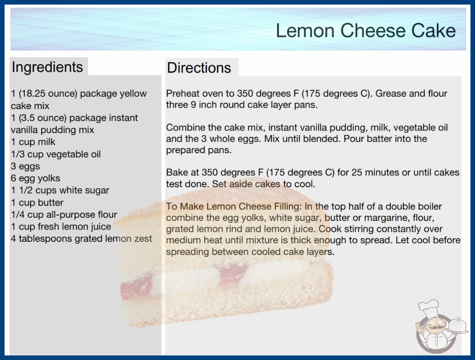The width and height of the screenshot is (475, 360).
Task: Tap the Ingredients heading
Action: pos(47,67)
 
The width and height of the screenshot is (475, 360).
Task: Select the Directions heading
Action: pos(199,68)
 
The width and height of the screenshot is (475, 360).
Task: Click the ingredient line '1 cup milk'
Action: pos(33,142)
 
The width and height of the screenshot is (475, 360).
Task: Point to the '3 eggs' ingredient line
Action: pos(25,166)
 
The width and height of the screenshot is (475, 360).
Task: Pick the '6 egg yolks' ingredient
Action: pos(35,178)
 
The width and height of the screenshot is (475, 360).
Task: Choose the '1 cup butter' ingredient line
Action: pos(37,203)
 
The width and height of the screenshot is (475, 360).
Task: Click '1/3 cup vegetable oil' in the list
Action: pos(56,155)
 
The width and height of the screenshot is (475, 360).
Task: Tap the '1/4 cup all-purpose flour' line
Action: pos(64,215)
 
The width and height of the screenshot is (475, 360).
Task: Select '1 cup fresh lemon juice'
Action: pos(61,226)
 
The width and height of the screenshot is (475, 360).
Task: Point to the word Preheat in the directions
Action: pos(183,94)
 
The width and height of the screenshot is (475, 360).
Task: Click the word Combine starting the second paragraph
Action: pos(185,127)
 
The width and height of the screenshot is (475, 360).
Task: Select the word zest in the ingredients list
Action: pos(143,239)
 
